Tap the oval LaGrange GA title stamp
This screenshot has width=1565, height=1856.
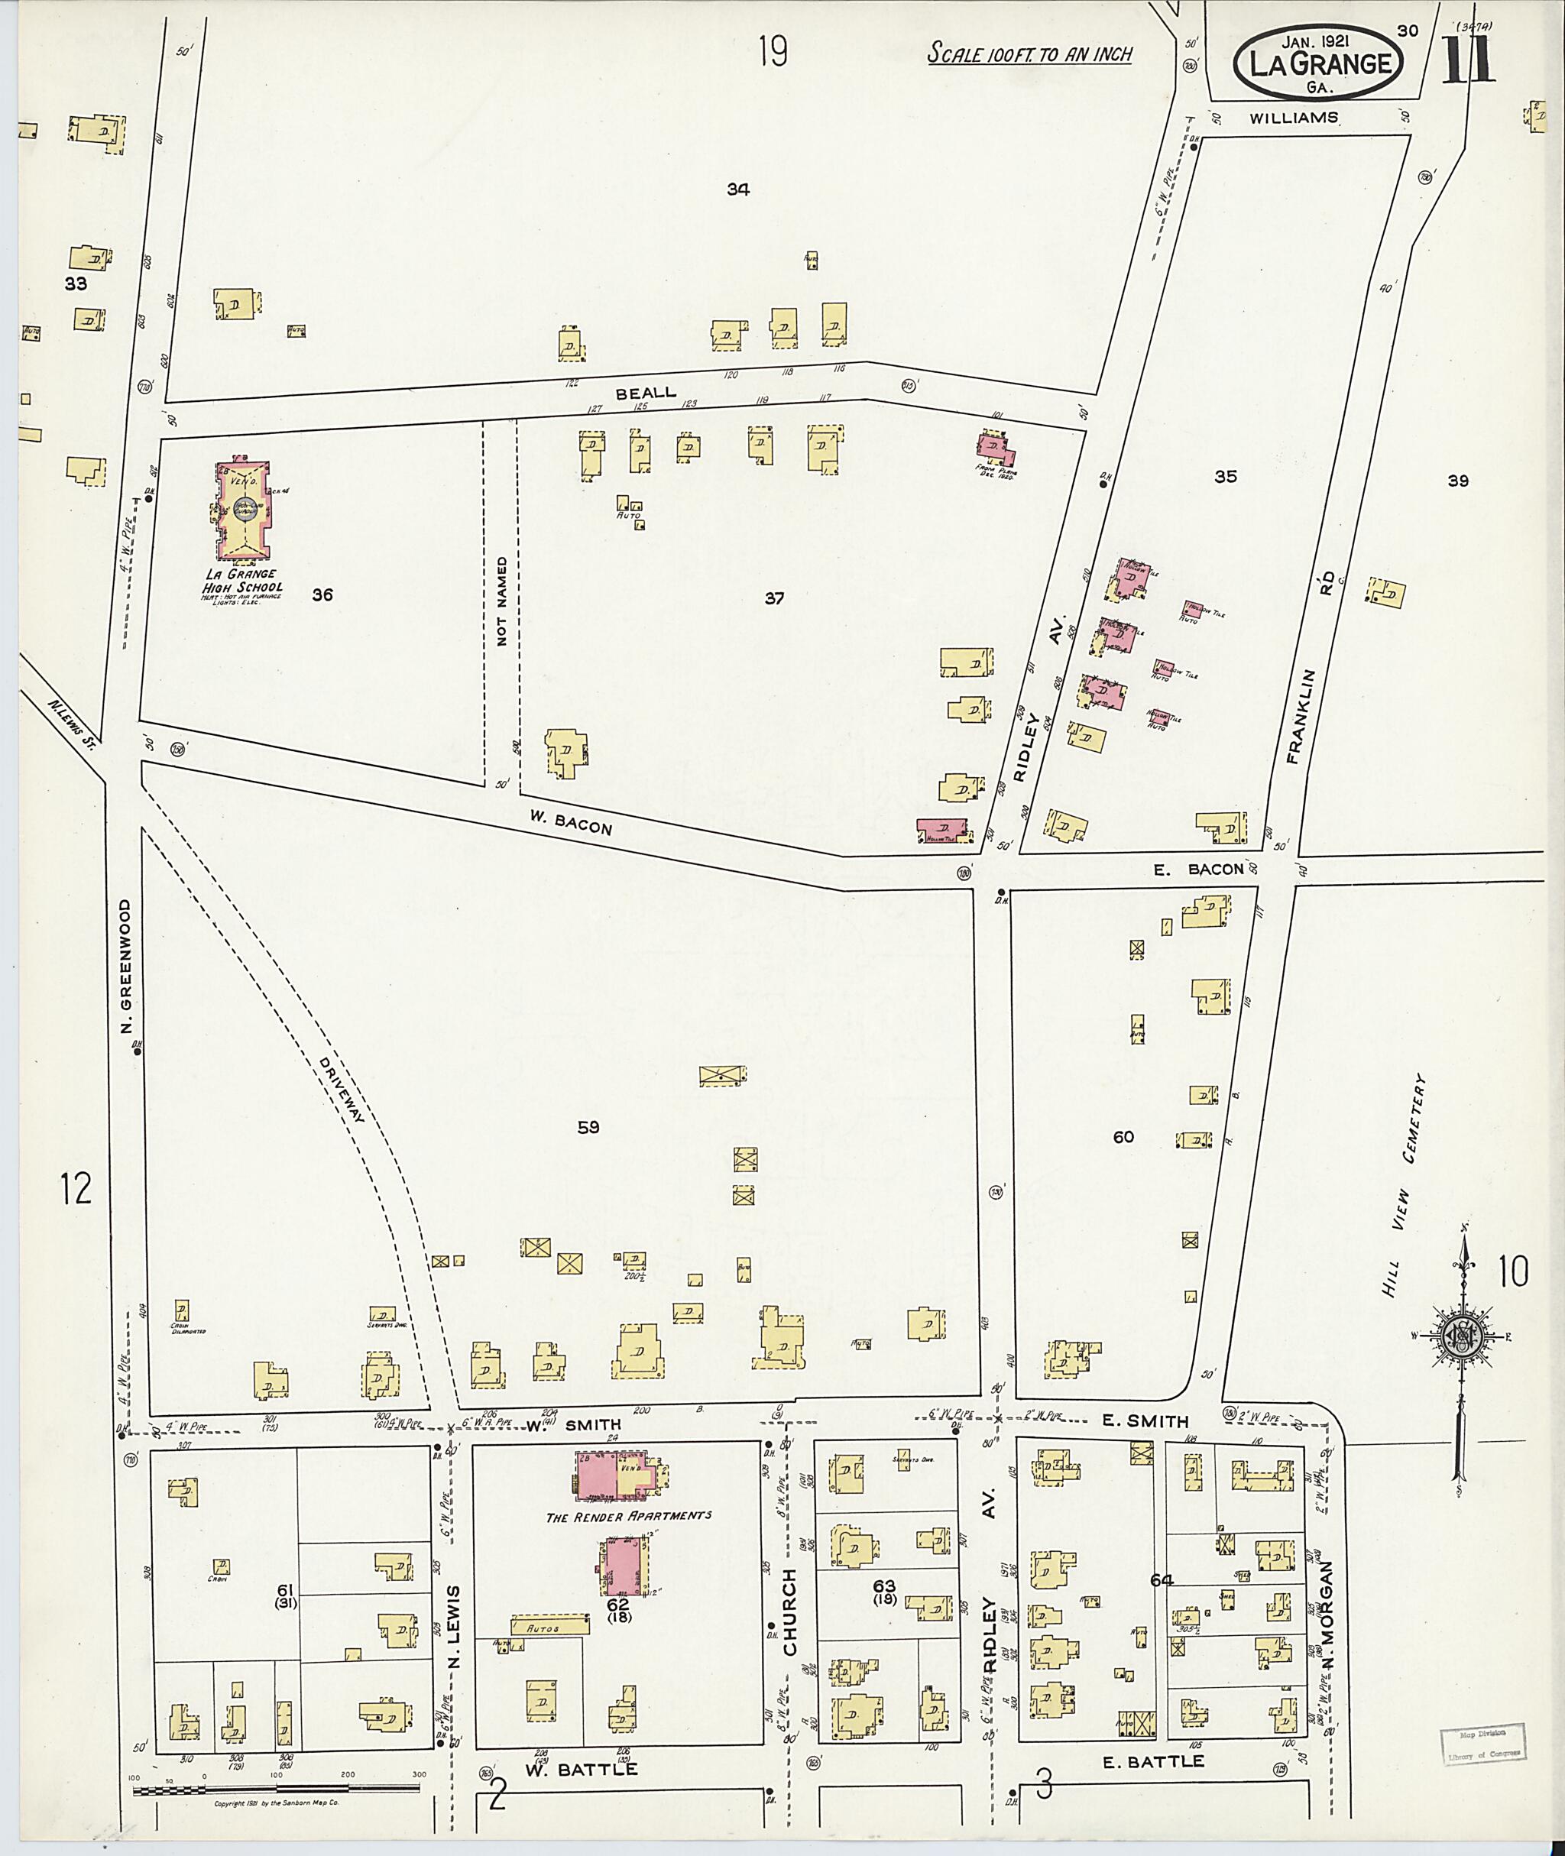tap(1319, 63)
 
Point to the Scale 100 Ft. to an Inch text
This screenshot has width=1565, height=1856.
tap(1029, 54)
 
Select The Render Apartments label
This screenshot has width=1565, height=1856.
tap(628, 1515)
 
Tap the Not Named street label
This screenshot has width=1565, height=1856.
tap(501, 601)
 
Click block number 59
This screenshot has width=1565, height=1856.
tap(588, 1127)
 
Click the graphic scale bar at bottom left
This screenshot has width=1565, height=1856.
tap(276, 1790)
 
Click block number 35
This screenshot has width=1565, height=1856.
tap(1225, 477)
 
